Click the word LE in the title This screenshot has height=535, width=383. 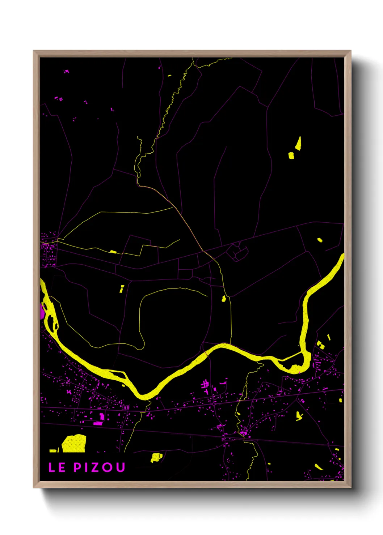click(57, 467)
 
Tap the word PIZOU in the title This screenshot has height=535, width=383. click(100, 467)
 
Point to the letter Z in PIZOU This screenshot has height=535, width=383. click(95, 467)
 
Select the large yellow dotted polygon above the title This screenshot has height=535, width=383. click(75, 444)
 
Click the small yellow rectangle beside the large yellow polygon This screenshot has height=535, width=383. click(53, 451)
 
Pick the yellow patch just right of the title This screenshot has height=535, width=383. click(156, 457)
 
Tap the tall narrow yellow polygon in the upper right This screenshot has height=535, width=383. click(299, 144)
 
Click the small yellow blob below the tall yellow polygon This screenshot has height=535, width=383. click(291, 156)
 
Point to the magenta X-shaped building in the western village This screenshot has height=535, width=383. click(69, 392)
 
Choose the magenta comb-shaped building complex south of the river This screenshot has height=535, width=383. click(205, 386)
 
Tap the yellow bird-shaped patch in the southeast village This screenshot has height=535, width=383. click(299, 416)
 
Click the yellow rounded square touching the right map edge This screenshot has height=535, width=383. click(340, 400)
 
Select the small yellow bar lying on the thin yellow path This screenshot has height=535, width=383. click(113, 252)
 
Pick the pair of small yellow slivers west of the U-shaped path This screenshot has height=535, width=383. click(122, 288)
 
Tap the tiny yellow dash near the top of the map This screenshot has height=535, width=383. click(169, 76)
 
